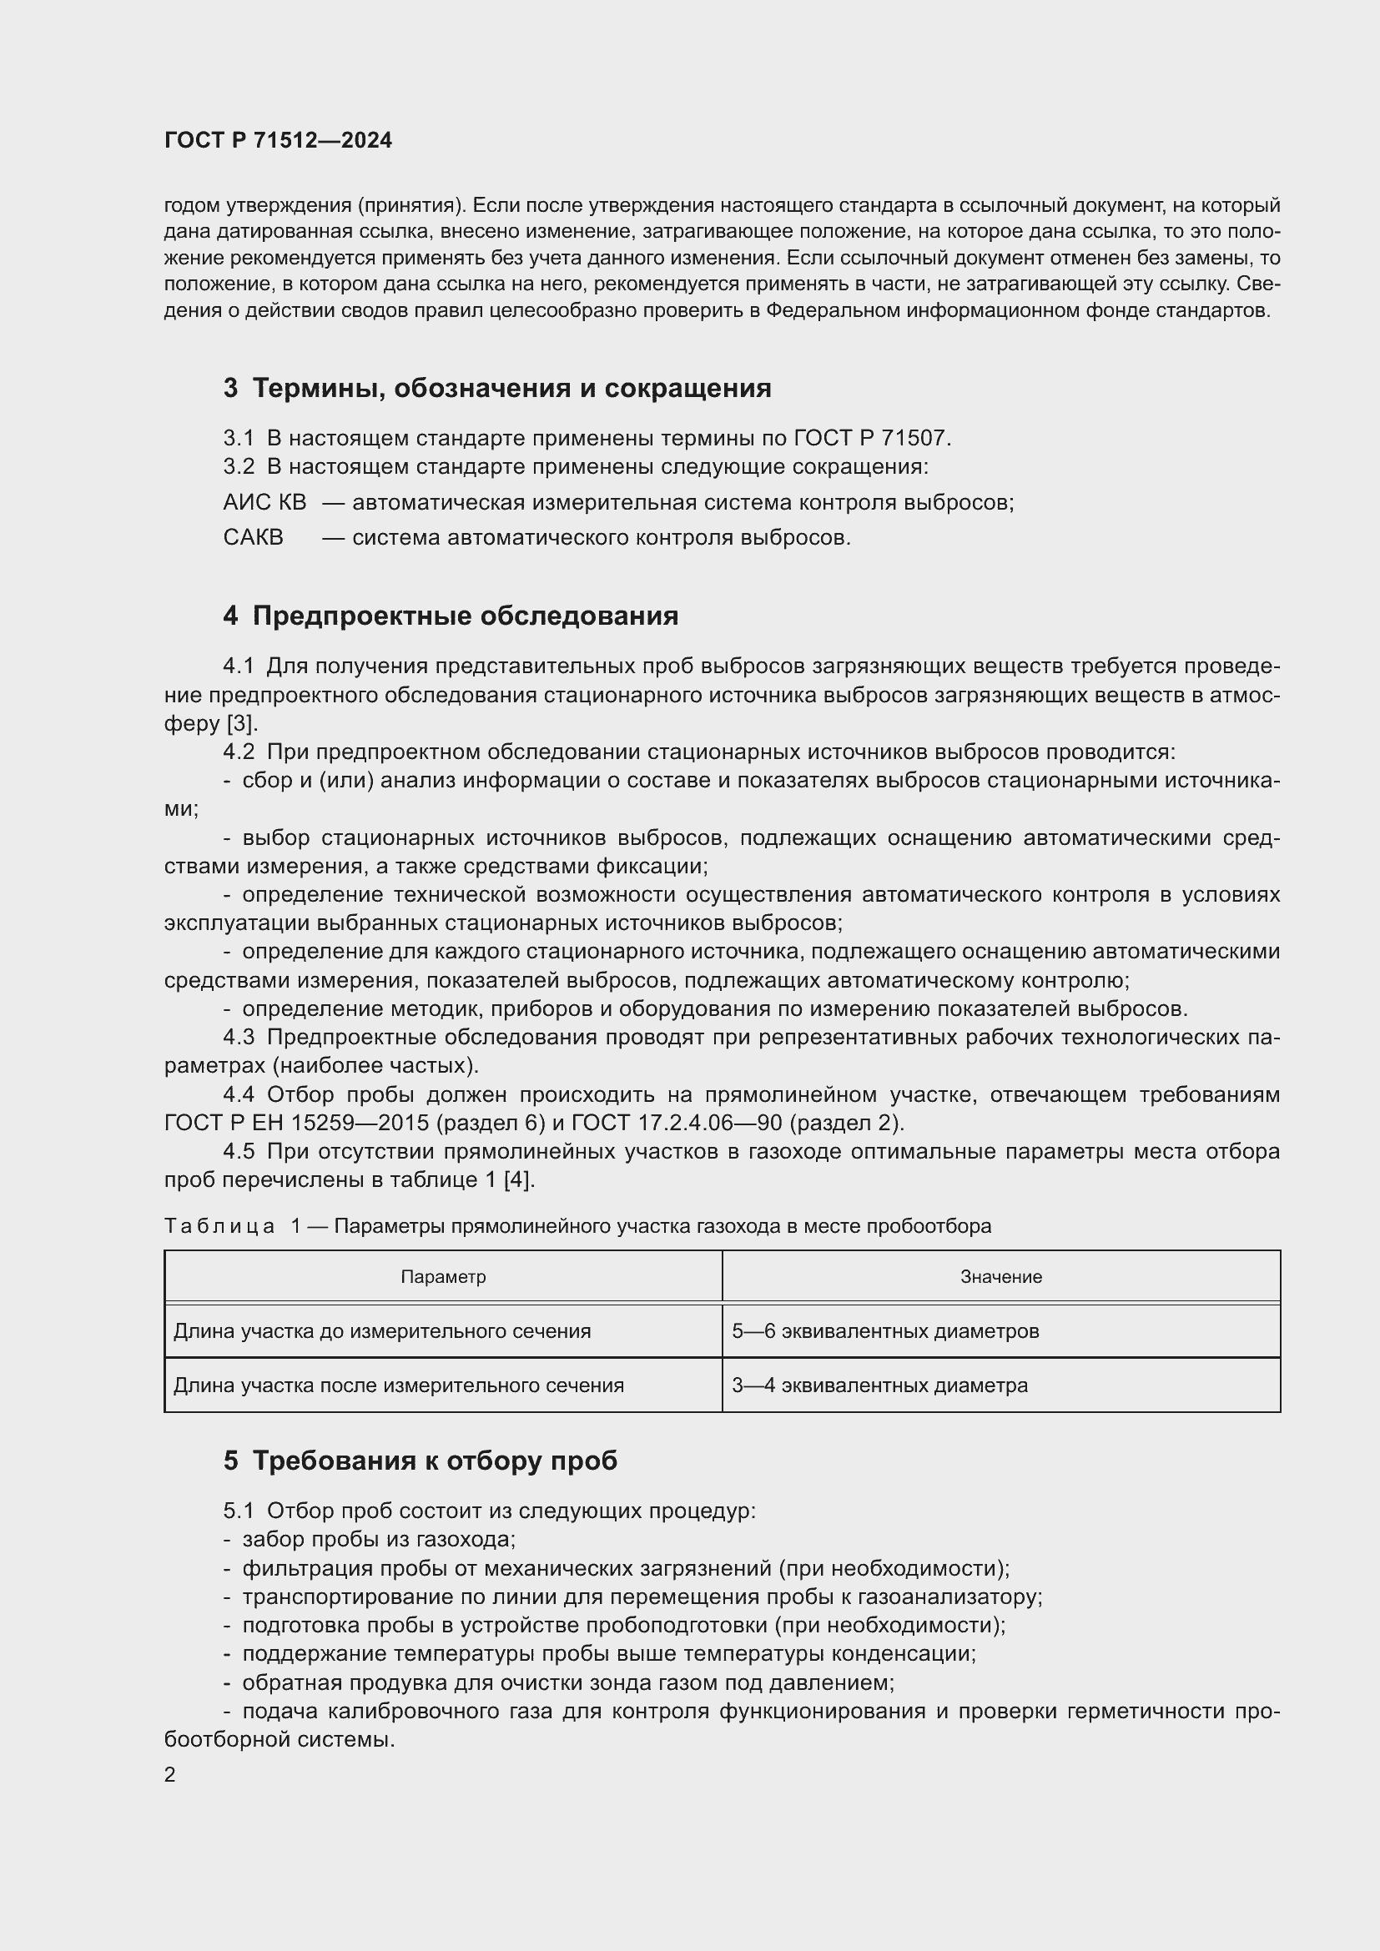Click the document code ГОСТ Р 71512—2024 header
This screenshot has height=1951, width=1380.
[278, 140]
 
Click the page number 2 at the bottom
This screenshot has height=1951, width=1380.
[170, 1774]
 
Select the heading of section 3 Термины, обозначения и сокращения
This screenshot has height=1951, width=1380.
[497, 389]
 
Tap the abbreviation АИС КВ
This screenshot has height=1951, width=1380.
[264, 502]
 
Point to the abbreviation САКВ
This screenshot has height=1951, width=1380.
[254, 537]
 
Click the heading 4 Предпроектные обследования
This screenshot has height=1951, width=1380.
[451, 616]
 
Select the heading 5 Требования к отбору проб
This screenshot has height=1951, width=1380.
[420, 1460]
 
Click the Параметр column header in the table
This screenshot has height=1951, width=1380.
[443, 1276]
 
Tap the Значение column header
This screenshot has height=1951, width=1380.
[1001, 1276]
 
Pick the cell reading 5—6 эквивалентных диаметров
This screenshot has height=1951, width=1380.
[885, 1330]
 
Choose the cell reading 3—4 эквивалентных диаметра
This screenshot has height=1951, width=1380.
[879, 1385]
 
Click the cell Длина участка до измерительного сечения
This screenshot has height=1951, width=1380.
[382, 1330]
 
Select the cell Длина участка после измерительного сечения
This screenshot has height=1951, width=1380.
[399, 1385]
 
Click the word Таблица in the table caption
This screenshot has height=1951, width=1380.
[219, 1226]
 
